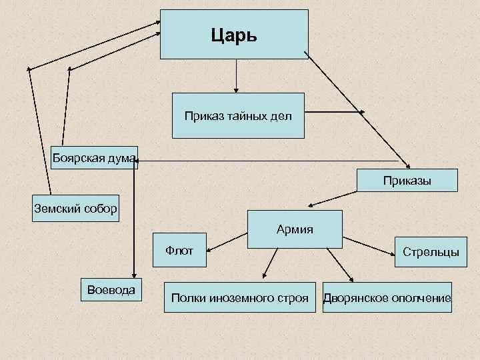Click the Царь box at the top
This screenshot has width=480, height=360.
point(234,35)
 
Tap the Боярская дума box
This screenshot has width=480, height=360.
point(94,157)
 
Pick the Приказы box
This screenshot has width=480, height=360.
point(407,180)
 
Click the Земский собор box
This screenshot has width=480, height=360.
point(76,208)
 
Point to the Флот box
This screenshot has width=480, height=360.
point(180,251)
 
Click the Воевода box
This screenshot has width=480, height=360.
point(107,289)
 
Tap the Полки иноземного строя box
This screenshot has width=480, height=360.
point(240,297)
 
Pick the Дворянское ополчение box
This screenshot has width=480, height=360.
point(387,297)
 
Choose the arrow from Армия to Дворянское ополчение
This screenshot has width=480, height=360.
point(339,265)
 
